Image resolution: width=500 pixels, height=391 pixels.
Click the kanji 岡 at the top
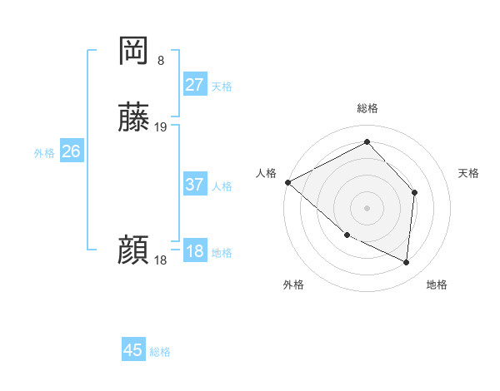(133, 51)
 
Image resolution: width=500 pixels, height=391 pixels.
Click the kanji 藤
(133, 119)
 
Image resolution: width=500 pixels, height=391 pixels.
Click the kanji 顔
(133, 250)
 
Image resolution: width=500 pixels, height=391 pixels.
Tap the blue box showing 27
(195, 85)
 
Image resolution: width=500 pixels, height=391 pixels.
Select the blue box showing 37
(195, 185)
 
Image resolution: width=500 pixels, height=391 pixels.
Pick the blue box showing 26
(71, 151)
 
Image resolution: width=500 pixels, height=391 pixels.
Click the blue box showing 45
(133, 350)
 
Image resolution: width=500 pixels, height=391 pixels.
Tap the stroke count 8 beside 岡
(161, 60)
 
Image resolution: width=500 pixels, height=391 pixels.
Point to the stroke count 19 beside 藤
(161, 127)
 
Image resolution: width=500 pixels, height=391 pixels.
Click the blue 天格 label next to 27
(222, 87)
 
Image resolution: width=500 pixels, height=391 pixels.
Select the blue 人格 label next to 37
(222, 186)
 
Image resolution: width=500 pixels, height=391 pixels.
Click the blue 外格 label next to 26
(44, 153)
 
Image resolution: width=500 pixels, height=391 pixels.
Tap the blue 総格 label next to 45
(160, 352)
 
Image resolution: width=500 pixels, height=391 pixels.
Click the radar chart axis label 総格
(367, 109)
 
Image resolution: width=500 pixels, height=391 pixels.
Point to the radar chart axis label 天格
(469, 173)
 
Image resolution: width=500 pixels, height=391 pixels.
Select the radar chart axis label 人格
(266, 173)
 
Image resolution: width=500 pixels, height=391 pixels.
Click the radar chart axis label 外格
(293, 285)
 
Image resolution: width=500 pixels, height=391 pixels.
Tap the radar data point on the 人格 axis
(287, 182)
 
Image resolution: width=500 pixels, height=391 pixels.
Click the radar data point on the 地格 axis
(407, 262)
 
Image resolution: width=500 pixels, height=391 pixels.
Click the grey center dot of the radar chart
(367, 207)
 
